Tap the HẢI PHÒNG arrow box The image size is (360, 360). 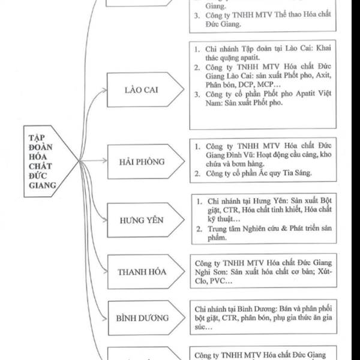[x=142, y=161]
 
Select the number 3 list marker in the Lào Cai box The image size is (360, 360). [x=197, y=95]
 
